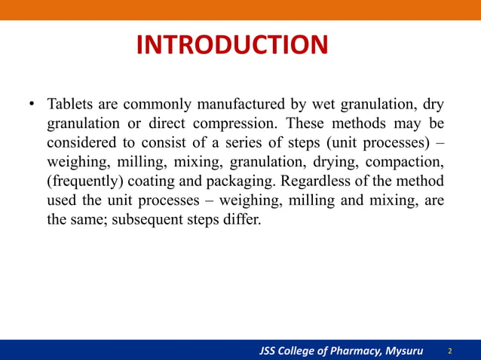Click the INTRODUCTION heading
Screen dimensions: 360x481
click(231, 45)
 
